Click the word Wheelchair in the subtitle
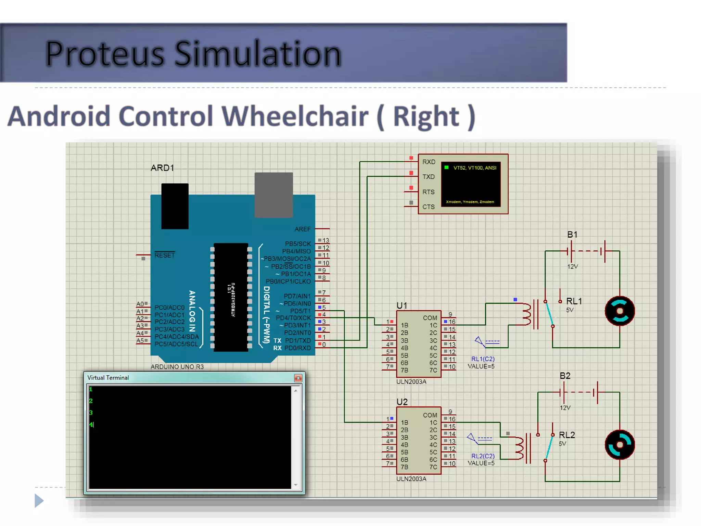tap(295, 116)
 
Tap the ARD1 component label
tap(162, 168)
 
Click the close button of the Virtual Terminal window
tap(298, 378)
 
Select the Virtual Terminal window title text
tap(108, 378)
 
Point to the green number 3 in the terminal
tap(91, 413)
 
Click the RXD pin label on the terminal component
tap(429, 162)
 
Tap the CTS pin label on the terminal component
tap(428, 207)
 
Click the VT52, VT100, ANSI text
tap(474, 168)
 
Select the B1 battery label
tap(572, 235)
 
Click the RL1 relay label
tap(574, 301)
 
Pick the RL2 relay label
tap(566, 435)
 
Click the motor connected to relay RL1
tap(620, 311)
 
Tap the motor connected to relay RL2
tap(620, 445)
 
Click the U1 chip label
tap(402, 305)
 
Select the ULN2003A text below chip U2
tap(411, 479)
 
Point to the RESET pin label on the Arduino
tap(164, 255)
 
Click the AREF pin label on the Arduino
tap(302, 229)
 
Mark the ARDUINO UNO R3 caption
tap(177, 367)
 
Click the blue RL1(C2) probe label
tap(483, 359)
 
